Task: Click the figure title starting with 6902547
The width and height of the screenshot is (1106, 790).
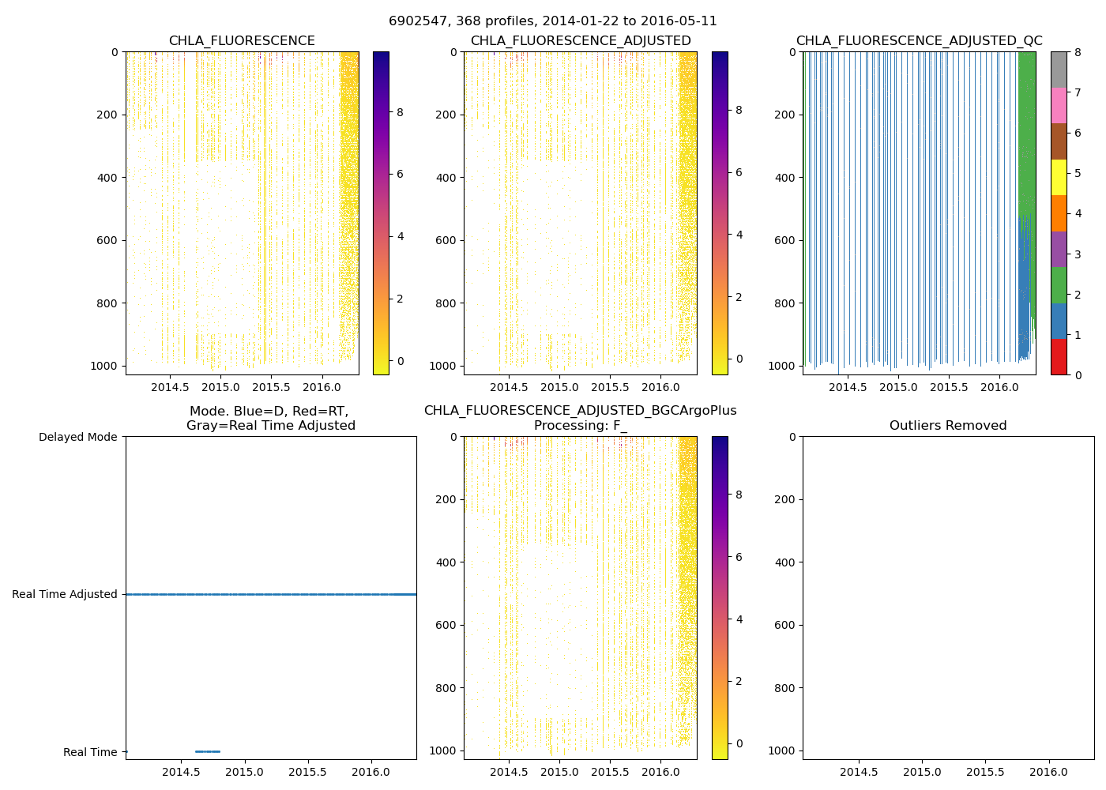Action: (553, 21)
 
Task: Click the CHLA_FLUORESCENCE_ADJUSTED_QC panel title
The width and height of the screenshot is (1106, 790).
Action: (919, 41)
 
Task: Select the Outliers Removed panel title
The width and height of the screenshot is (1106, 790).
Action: (948, 426)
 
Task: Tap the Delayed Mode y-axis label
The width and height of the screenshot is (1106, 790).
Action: (77, 437)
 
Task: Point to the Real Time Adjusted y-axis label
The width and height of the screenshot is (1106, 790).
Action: (65, 594)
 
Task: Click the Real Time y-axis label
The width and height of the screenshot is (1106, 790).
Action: (90, 752)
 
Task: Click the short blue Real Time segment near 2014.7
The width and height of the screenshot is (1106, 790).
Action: (208, 751)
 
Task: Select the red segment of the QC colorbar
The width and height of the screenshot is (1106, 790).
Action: (1059, 357)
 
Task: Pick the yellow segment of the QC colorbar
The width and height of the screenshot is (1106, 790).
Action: (1059, 177)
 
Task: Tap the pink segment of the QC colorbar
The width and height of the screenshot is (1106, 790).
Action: (1059, 105)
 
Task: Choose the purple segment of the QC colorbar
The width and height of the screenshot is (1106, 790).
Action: (1059, 249)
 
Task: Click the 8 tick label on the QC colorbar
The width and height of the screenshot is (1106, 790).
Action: (1077, 52)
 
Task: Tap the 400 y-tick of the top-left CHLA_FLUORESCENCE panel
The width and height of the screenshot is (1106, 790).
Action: (107, 178)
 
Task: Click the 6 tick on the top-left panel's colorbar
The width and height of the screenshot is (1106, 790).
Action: (400, 174)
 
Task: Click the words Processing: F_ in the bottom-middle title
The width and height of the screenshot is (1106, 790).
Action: (580, 426)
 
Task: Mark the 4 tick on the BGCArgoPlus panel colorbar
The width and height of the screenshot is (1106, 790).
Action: (739, 619)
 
